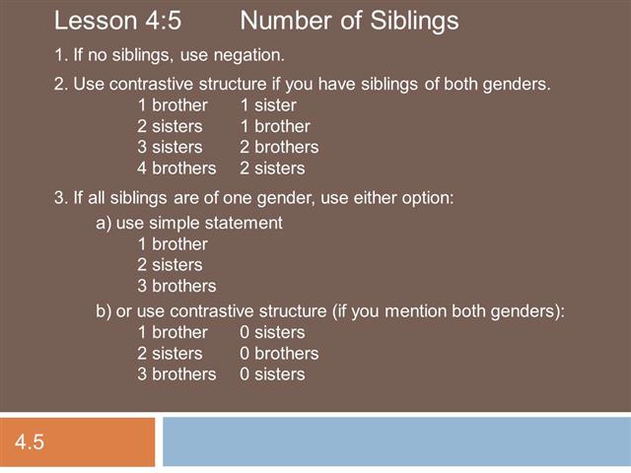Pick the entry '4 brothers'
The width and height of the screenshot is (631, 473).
pyautogui.click(x=176, y=169)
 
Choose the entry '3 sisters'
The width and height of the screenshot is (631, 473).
pyautogui.click(x=170, y=147)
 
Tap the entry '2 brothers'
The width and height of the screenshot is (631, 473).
pyautogui.click(x=279, y=147)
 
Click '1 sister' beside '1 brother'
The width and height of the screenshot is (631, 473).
pyautogui.click(x=267, y=104)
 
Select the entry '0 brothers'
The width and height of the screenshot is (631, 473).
pyautogui.click(x=279, y=353)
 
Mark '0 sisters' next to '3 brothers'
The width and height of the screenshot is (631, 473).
pyautogui.click(x=272, y=374)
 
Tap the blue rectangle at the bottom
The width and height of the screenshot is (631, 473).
pyautogui.click(x=395, y=441)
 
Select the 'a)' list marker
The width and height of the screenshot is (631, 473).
pyautogui.click(x=104, y=223)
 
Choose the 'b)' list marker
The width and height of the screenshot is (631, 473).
pyautogui.click(x=104, y=311)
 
